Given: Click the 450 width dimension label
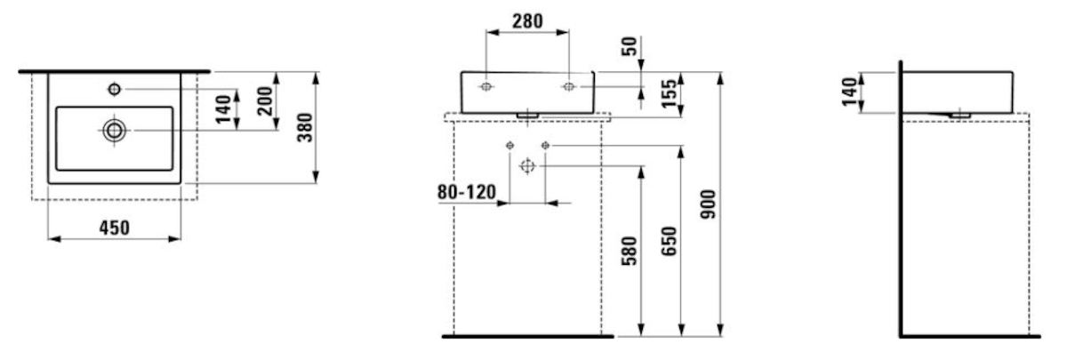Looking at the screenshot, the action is (x=115, y=228).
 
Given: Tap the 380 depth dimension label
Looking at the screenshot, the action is (x=305, y=128).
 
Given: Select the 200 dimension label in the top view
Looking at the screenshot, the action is (x=265, y=101).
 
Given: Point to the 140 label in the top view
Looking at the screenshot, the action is (x=223, y=109).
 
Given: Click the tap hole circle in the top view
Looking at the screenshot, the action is (x=115, y=89).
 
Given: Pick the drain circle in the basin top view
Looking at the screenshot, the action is (x=115, y=131).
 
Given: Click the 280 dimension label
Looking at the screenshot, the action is (x=527, y=21).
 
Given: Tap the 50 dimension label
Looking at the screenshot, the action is (x=630, y=46).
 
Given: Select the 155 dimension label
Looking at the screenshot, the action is (x=670, y=94).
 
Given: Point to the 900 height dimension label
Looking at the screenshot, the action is (x=709, y=204).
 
